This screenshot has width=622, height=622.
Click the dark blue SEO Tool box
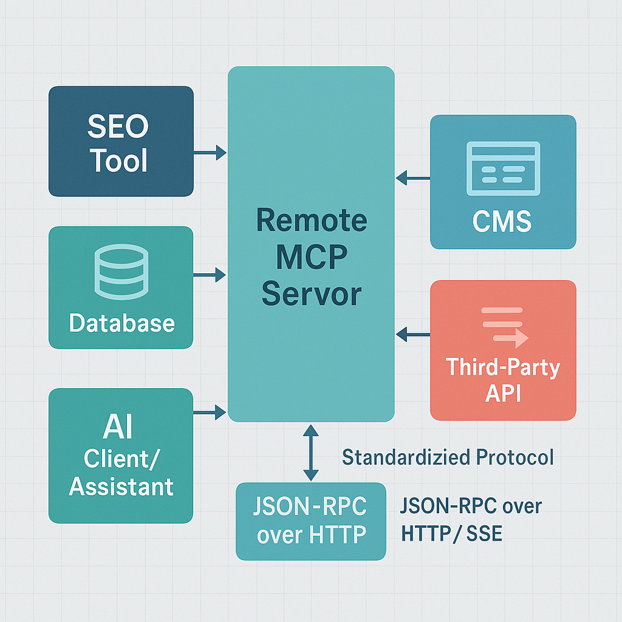(121, 141)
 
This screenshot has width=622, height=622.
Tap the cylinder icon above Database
(121, 272)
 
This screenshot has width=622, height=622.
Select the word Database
(121, 323)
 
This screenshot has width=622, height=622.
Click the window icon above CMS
(502, 169)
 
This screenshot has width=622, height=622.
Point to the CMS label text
(502, 222)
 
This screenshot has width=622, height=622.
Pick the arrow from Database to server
(210, 275)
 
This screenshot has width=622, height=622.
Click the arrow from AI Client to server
(210, 413)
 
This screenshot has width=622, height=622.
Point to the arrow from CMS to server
(413, 178)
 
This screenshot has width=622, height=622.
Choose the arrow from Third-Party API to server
(413, 333)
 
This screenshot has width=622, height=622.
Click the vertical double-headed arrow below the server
(311, 453)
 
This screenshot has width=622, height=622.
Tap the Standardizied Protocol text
(448, 457)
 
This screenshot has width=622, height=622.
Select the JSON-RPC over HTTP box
(311, 521)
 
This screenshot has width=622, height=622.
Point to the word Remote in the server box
(311, 220)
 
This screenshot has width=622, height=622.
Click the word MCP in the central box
(311, 258)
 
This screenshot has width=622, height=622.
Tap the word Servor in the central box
(311, 295)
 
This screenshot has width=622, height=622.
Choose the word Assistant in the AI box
(121, 487)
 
